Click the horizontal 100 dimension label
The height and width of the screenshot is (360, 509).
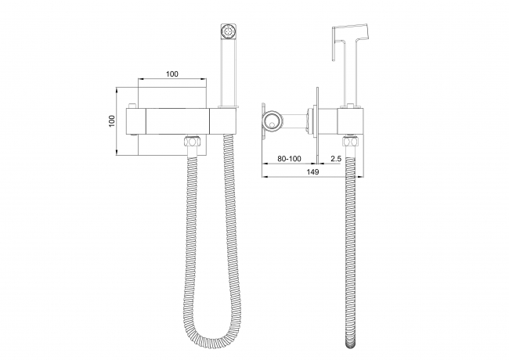(x=172, y=74)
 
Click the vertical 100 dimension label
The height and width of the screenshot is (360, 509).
(x=112, y=121)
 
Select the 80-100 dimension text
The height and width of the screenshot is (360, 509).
(x=289, y=159)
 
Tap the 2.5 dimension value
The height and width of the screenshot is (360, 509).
(x=336, y=159)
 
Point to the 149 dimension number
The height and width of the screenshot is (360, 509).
(x=312, y=172)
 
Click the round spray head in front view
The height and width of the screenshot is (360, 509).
(x=229, y=31)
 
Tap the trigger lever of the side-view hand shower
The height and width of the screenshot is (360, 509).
(x=335, y=44)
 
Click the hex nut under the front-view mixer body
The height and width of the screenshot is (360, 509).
(x=193, y=142)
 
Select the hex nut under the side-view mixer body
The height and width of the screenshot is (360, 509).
(x=352, y=142)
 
